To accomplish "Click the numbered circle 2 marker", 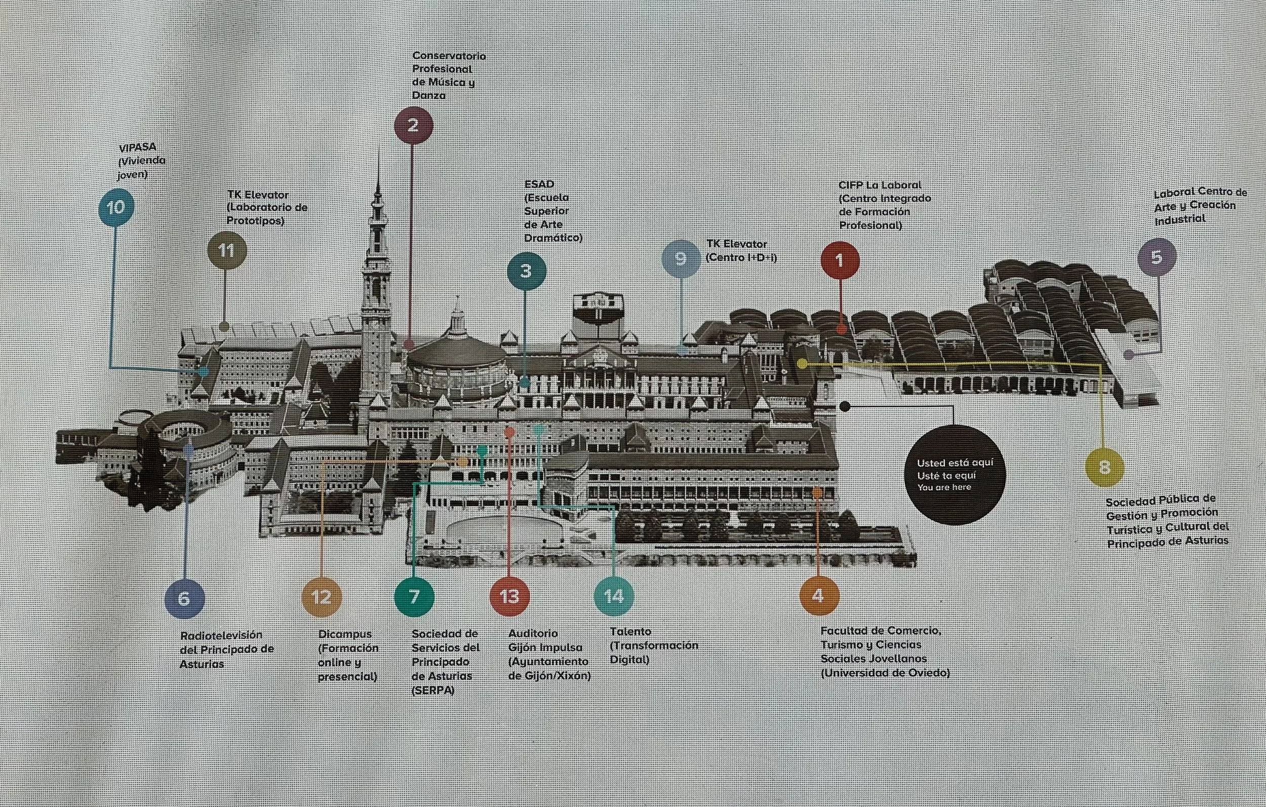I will pos(413,125).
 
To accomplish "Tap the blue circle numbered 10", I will pos(116,207).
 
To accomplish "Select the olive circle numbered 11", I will pos(226,250).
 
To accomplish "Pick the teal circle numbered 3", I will pos(526,271).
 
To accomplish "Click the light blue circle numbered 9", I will pos(681,258).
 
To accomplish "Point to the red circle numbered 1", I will pos(840,260).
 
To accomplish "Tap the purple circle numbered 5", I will pos(1157,257).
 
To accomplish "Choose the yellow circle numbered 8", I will pos(1104,467).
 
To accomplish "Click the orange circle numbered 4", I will pos(818,596).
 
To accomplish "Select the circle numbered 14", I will pos(614,596).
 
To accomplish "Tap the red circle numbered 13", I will pos(509,596).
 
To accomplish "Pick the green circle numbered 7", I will pos(414,596).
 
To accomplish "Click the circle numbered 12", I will pos(321,597).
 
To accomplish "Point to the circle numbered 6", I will pos(184,598).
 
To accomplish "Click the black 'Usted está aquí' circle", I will pos(954,475).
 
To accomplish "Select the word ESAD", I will pos(539,184).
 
